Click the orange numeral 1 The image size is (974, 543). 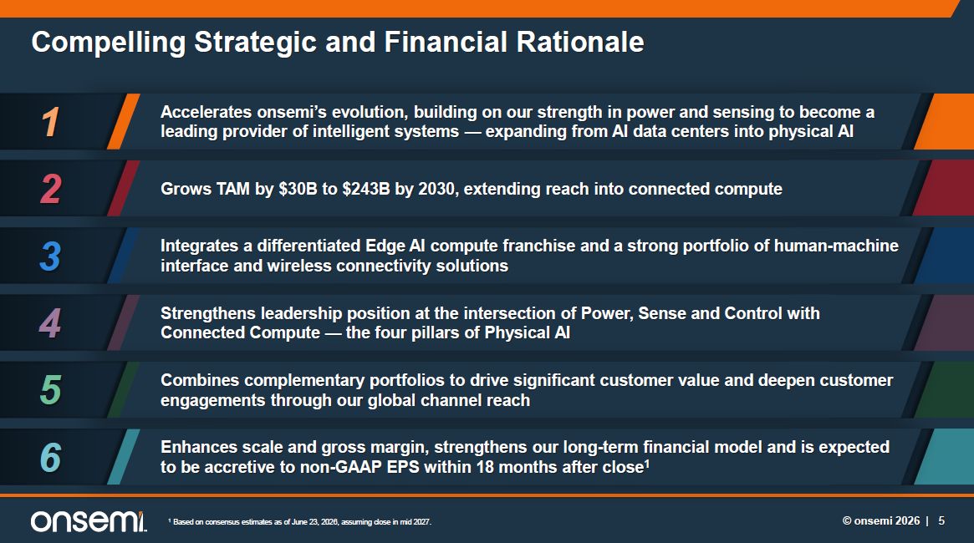51,122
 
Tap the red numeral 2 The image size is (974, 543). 51,189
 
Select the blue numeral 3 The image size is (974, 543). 50,256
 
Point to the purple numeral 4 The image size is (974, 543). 50,322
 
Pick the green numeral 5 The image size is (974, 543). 51,390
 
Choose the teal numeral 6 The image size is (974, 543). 50,457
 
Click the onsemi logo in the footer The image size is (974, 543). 89,521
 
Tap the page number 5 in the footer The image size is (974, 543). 941,520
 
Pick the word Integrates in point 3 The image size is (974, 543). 199,246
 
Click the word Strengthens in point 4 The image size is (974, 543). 207,313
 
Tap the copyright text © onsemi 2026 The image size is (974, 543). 881,520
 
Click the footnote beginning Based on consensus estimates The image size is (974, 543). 299,522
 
